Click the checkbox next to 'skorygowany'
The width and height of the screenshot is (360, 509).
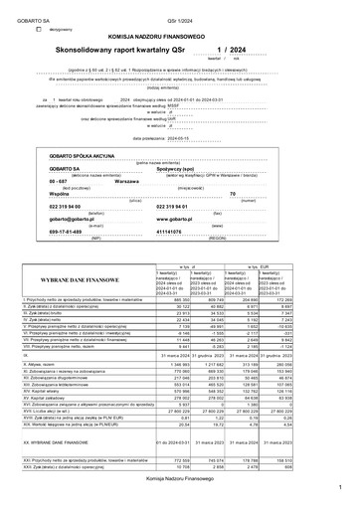coord(38,29)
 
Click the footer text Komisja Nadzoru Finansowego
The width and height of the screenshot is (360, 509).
coord(179,478)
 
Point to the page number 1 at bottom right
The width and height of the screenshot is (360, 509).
coord(338,489)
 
